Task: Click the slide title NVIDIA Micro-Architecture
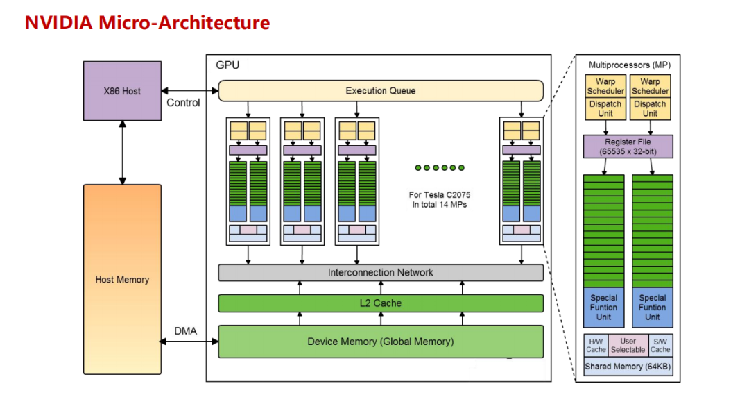pyautogui.click(x=147, y=22)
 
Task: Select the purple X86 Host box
pyautogui.click(x=122, y=90)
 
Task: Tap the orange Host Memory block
pyautogui.click(x=122, y=279)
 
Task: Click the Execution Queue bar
pyautogui.click(x=380, y=91)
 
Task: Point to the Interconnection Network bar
pyautogui.click(x=380, y=273)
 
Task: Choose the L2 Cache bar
pyautogui.click(x=380, y=303)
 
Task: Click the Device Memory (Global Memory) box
pyautogui.click(x=380, y=342)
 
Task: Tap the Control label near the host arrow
pyautogui.click(x=183, y=103)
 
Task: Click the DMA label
pyautogui.click(x=185, y=331)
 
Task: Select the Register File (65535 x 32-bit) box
pyautogui.click(x=628, y=146)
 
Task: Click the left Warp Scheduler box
pyautogui.click(x=605, y=86)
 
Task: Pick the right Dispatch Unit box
pyautogui.click(x=650, y=108)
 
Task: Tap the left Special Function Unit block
pyautogui.click(x=603, y=307)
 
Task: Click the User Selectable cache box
pyautogui.click(x=628, y=345)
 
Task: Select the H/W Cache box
pyautogui.click(x=596, y=345)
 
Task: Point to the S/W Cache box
pyautogui.click(x=660, y=345)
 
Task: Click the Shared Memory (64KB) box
pyautogui.click(x=628, y=366)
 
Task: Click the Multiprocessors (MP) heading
pyautogui.click(x=629, y=65)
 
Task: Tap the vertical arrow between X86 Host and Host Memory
pyautogui.click(x=122, y=151)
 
